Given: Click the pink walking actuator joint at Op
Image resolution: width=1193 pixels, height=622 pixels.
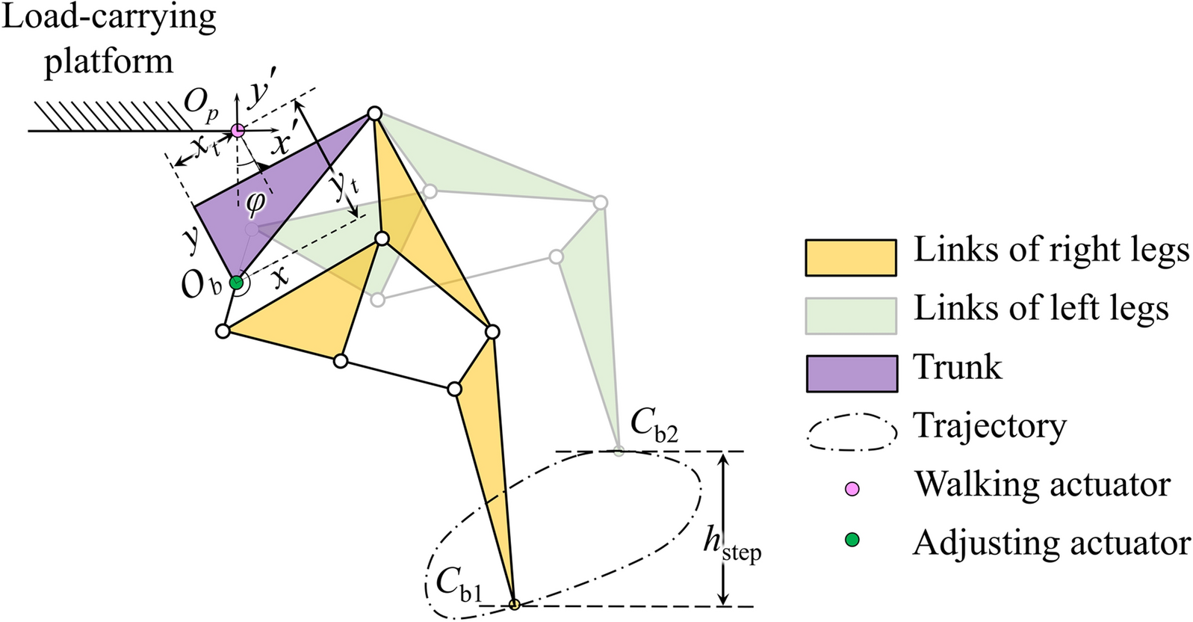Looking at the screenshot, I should tap(238, 130).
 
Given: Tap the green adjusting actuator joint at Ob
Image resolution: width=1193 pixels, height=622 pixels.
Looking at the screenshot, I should tap(236, 283).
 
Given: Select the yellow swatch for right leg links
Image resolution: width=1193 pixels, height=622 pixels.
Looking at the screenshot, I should tap(850, 257).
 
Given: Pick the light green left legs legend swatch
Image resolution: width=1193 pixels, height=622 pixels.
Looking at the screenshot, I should tap(850, 315).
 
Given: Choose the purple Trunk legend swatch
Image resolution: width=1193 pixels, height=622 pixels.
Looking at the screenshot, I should tap(851, 373).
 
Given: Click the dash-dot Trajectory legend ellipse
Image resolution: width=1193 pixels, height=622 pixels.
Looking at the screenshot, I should tap(851, 432).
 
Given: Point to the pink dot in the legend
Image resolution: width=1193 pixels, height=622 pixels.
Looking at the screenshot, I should tap(852, 489).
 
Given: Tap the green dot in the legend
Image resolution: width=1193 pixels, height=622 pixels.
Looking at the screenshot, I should tap(852, 539).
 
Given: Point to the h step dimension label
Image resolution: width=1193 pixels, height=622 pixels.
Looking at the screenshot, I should tap(731, 544).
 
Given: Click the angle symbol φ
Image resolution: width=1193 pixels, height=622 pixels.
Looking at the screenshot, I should tap(255, 202).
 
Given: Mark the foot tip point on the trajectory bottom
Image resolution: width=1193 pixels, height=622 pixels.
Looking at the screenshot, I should tap(514, 604).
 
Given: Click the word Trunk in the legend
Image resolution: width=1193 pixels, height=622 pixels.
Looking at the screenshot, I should tap(957, 367).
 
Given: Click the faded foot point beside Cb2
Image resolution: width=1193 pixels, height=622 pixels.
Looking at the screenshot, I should tap(619, 450).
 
